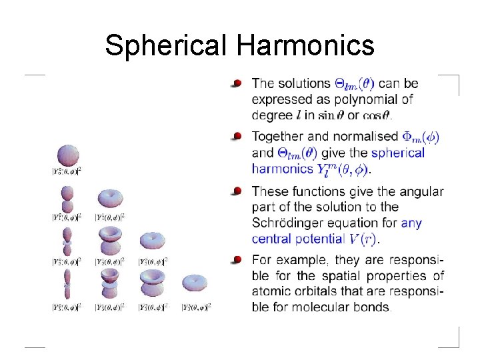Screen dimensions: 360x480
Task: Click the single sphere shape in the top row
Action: (x=67, y=155)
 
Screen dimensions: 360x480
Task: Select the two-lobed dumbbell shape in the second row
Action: (x=67, y=197)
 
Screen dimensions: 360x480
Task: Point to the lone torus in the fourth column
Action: (x=195, y=283)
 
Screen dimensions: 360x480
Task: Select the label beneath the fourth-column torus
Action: (x=195, y=307)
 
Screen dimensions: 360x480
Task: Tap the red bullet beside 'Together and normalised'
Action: (x=237, y=136)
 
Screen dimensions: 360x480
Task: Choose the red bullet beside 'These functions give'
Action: (x=237, y=191)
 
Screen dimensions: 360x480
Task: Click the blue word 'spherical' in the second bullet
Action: (x=398, y=153)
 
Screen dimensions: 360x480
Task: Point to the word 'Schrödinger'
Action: (x=286, y=223)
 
